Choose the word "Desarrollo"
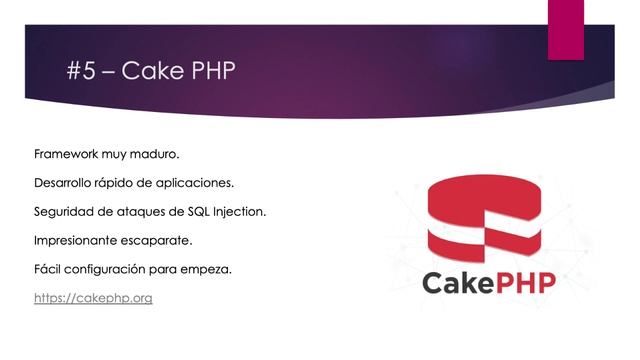(x=68, y=184)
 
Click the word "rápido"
(x=128, y=184)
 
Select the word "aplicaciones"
(x=199, y=184)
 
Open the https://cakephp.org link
(x=93, y=298)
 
